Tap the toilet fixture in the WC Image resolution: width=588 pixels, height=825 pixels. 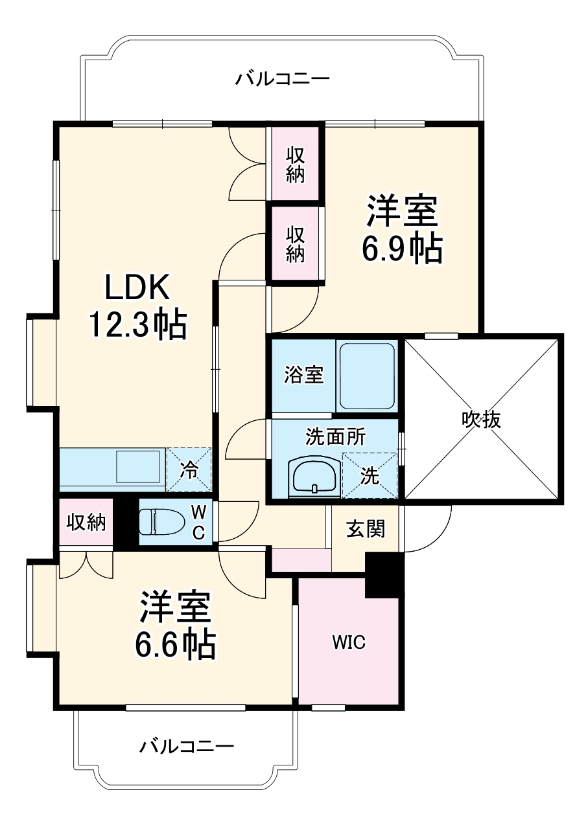pyautogui.click(x=158, y=522)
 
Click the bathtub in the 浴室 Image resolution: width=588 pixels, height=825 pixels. pyautogui.click(x=366, y=376)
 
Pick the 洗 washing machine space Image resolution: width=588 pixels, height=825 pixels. pyautogui.click(x=370, y=476)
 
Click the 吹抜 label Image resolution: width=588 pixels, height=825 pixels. pyautogui.click(x=481, y=420)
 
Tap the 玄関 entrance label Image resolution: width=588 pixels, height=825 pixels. pyautogui.click(x=365, y=529)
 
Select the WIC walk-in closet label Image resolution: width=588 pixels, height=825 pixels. pyautogui.click(x=349, y=642)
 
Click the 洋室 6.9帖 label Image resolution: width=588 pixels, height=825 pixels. pyautogui.click(x=403, y=229)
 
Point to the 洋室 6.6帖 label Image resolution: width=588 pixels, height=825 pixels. pyautogui.click(x=175, y=624)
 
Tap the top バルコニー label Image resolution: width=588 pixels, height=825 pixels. pyautogui.click(x=283, y=80)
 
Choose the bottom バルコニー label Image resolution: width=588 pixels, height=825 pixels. pyautogui.click(x=187, y=747)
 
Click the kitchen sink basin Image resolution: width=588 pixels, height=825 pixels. pyautogui.click(x=139, y=465)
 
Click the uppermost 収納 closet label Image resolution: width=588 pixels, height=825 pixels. pyautogui.click(x=295, y=164)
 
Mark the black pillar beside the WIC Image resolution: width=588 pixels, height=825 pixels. pyautogui.click(x=384, y=575)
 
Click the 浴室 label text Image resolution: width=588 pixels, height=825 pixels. pyautogui.click(x=304, y=375)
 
